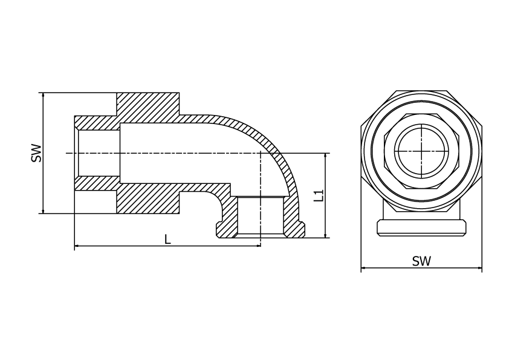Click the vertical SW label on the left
(x=37, y=152)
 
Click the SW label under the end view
(x=421, y=261)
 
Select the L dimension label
(x=167, y=240)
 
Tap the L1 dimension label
(x=319, y=195)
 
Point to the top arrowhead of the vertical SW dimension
(x=43, y=95)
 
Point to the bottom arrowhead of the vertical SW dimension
(x=43, y=211)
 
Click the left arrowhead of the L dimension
(x=77, y=246)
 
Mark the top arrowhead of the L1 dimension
(x=325, y=155)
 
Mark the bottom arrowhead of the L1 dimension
(x=325, y=235)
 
